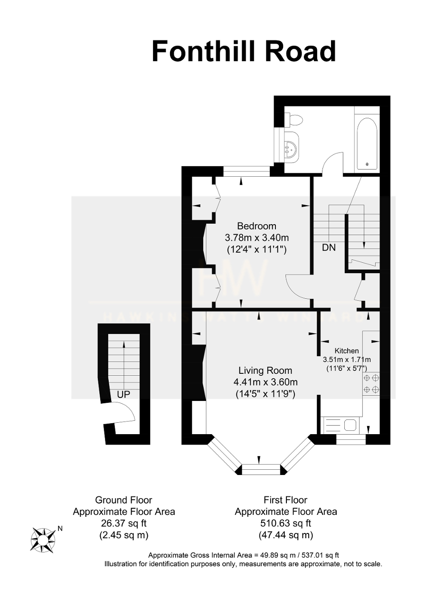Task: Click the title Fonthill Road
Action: coord(243,52)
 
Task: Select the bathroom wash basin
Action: coord(290,147)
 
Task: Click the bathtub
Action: coord(367,144)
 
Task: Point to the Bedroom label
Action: coord(256,226)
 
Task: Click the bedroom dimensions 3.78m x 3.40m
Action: coord(256,238)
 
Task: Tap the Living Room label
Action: coord(265,370)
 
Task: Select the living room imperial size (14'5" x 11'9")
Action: coord(265,394)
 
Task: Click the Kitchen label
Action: coord(347,351)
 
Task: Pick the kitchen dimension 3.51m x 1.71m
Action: coord(347,360)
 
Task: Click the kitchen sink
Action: coord(350,425)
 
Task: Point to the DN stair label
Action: coord(329,247)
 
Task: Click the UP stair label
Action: coord(123,394)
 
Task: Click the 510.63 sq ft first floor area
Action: coord(285,522)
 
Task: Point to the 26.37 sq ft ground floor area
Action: coord(124,522)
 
